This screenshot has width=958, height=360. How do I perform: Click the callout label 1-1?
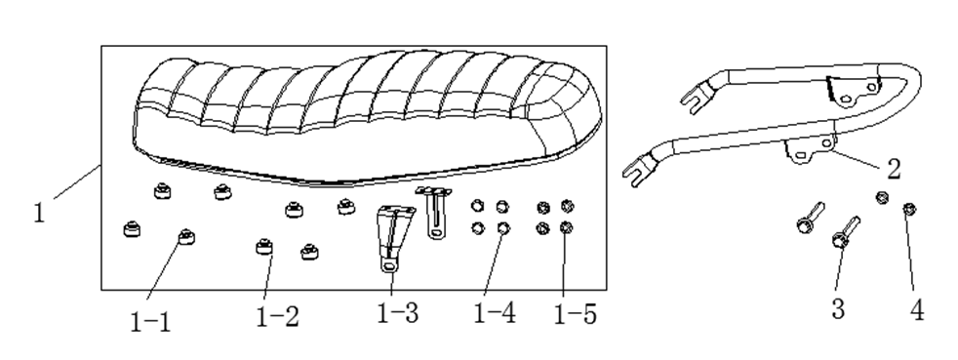coord(150,322)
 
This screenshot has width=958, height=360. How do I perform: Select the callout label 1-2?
coord(277,317)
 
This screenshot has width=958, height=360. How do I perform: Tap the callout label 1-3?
coord(398,313)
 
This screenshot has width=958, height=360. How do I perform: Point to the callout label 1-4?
coord(495,313)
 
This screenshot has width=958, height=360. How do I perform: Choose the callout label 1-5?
coord(575,314)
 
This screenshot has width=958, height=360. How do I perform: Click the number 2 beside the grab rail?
coord(894,170)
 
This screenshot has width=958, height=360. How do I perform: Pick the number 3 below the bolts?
coord(838,308)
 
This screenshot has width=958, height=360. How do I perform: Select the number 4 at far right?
coord(917,310)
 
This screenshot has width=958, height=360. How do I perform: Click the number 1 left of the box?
coord(39,213)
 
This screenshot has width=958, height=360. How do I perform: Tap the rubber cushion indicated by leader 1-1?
coord(186,236)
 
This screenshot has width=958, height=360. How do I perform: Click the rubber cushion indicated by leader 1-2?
coord(264,246)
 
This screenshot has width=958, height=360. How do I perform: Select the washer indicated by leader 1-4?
coord(502,228)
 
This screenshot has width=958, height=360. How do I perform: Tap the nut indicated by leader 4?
coord(909,210)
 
